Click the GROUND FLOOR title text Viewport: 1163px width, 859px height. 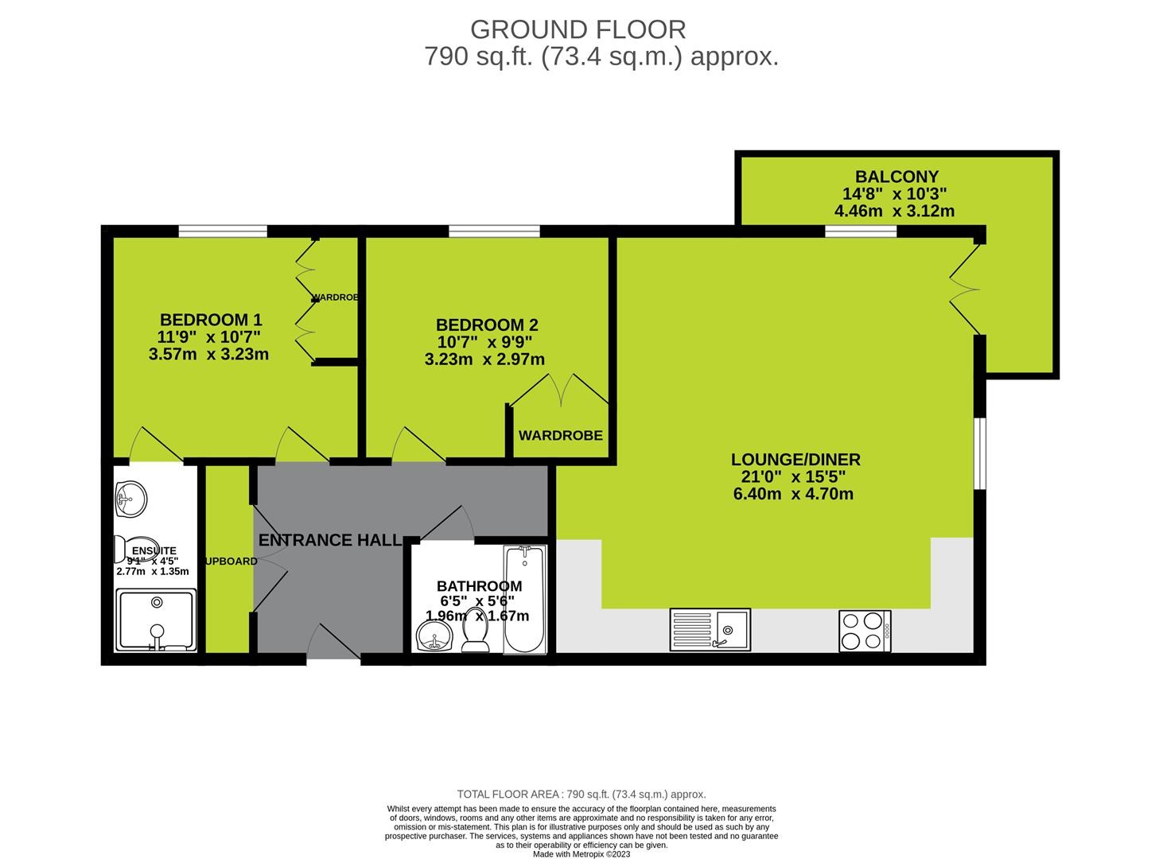tap(578, 29)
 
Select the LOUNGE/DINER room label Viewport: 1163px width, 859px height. tap(795, 460)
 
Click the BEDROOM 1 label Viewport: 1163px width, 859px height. tap(211, 320)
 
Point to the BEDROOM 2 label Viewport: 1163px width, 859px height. tap(487, 325)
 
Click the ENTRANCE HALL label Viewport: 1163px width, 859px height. tap(329, 540)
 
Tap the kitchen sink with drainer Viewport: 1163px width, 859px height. tap(710, 630)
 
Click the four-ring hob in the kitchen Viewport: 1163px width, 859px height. tap(865, 630)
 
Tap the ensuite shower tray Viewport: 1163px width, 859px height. tap(156, 620)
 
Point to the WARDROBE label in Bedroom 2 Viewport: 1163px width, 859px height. tap(561, 436)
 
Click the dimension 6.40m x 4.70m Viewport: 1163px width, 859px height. tap(793, 494)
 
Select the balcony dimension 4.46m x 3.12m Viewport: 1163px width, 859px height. tap(894, 211)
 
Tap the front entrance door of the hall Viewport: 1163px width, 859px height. tap(333, 643)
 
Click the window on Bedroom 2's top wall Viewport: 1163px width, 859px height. tap(494, 231)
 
